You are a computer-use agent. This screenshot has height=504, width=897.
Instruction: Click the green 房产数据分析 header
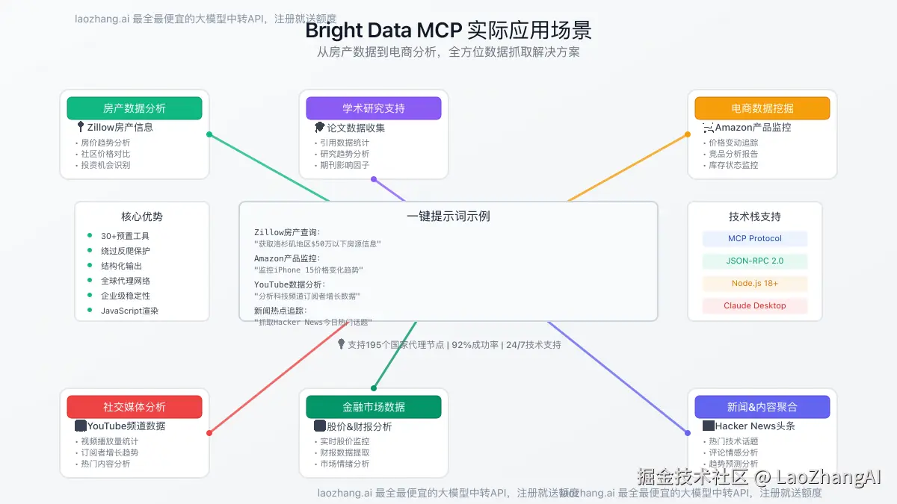[x=135, y=108]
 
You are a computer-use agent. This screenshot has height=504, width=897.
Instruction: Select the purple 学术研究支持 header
[x=374, y=108]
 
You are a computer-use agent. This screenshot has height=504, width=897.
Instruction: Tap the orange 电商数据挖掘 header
[x=762, y=108]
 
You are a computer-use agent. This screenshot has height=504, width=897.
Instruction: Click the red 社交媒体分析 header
[x=135, y=407]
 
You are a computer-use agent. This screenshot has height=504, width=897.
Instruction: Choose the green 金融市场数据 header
[x=374, y=407]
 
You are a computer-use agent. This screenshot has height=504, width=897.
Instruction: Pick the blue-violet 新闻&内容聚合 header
[x=762, y=407]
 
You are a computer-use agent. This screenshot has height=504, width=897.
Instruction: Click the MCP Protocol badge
[x=755, y=239]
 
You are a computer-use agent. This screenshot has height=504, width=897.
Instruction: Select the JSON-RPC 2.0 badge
[x=755, y=261]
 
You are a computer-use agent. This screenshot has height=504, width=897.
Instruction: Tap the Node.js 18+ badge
[x=755, y=284]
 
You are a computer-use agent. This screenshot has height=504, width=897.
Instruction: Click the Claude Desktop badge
[x=755, y=306]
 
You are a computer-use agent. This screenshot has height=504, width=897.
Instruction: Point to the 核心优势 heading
[x=142, y=217]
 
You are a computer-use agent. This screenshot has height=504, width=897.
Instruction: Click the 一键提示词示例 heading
[x=449, y=217]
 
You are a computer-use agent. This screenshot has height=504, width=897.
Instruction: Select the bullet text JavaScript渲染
[x=130, y=311]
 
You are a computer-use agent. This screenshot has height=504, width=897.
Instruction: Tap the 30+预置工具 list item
[x=126, y=236]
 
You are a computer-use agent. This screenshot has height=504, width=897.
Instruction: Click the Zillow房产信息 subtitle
[x=120, y=128]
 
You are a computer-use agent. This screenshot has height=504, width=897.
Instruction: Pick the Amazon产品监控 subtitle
[x=753, y=128]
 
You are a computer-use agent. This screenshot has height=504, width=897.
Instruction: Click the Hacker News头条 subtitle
[x=755, y=426]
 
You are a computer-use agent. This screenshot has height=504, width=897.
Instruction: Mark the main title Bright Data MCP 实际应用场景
[x=449, y=31]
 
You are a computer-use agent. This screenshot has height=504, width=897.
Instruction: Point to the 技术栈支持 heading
[x=755, y=217]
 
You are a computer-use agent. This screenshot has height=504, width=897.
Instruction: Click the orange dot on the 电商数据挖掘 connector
[x=688, y=134]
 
